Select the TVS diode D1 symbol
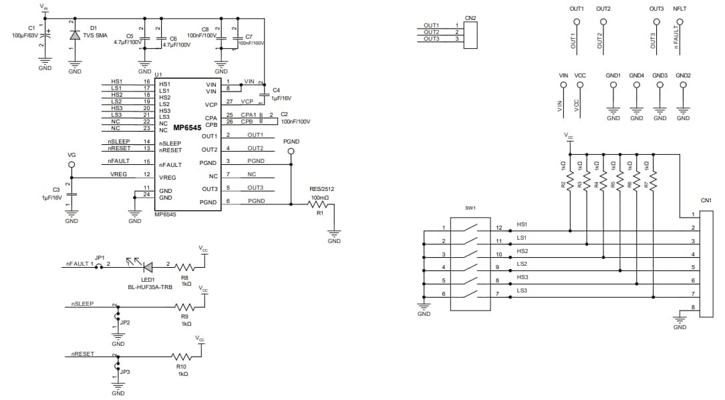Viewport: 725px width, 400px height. pyautogui.click(x=75, y=35)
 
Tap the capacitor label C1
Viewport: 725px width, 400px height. pyautogui.click(x=31, y=28)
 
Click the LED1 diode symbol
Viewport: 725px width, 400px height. pyautogui.click(x=148, y=266)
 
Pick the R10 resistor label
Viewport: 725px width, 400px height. pyautogui.click(x=181, y=366)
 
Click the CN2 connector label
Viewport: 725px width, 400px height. pyautogui.click(x=470, y=18)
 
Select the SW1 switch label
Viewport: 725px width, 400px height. pyautogui.click(x=470, y=208)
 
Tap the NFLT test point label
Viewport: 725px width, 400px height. pyautogui.click(x=680, y=9)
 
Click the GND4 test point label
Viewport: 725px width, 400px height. pyautogui.click(x=636, y=75)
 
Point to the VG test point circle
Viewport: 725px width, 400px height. pyautogui.click(x=72, y=164)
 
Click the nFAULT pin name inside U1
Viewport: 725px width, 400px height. pyautogui.click(x=170, y=164)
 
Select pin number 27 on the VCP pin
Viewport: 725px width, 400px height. pyautogui.click(x=229, y=102)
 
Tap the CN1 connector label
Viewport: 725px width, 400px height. pyautogui.click(x=706, y=199)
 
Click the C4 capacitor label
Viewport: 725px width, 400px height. pyautogui.click(x=276, y=89)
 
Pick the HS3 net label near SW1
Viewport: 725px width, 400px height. pyautogui.click(x=522, y=276)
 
